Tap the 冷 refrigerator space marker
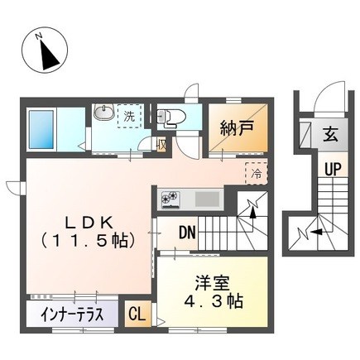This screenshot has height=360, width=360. (256, 174)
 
